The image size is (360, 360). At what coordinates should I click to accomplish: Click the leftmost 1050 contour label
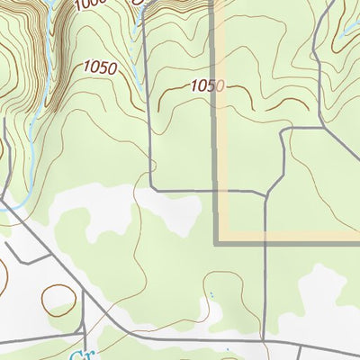(101, 66)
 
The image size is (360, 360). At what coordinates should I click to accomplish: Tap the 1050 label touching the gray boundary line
(206, 85)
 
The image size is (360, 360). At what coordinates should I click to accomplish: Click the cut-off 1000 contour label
(90, 4)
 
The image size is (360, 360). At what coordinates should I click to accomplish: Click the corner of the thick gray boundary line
(217, 241)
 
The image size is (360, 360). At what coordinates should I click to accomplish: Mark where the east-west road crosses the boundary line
(217, 191)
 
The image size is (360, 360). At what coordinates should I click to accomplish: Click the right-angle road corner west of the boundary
(153, 190)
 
